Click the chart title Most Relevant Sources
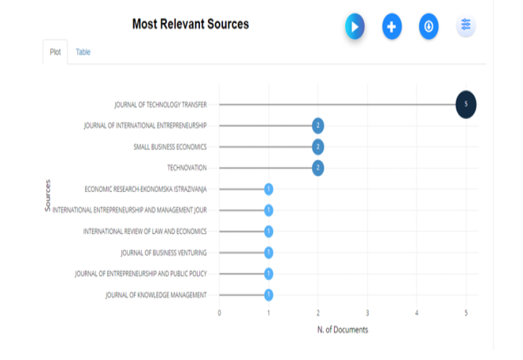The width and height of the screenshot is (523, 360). tap(190, 25)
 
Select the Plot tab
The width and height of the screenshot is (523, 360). tap(55, 52)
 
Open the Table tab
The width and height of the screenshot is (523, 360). tap(83, 52)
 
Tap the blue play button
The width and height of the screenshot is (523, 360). tap(355, 27)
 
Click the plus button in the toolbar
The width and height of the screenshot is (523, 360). tap(391, 27)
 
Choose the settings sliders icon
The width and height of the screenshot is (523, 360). tap(466, 26)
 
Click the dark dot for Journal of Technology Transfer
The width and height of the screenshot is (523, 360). tap(466, 104)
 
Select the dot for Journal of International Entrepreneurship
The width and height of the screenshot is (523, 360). tap(317, 125)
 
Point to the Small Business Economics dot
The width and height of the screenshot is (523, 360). tap(317, 147)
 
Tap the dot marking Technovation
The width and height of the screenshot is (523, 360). tap(317, 167)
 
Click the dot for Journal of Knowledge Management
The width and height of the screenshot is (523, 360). tap(269, 295)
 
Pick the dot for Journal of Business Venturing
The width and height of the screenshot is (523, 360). tap(269, 252)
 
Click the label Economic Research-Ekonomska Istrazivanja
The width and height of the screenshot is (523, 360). tap(145, 189)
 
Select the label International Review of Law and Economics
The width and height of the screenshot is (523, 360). tap(144, 232)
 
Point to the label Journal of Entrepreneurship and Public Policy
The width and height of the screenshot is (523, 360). tap(140, 274)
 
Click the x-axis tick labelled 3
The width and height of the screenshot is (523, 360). tap(367, 313)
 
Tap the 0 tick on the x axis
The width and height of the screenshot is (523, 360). tap(220, 313)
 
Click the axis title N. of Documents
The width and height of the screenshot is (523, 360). tap(342, 330)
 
